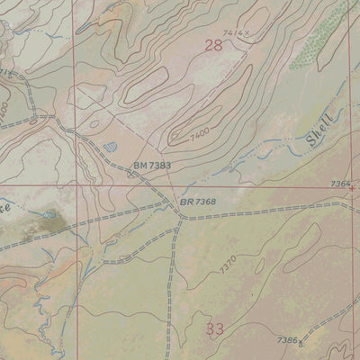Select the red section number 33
click(x=214, y=329)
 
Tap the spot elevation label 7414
click(x=232, y=33)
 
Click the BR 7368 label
click(x=198, y=202)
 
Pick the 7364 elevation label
click(x=340, y=184)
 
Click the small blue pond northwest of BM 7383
click(x=110, y=144)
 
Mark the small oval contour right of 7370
click(x=258, y=265)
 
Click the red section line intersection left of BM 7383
click(x=76, y=187)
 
